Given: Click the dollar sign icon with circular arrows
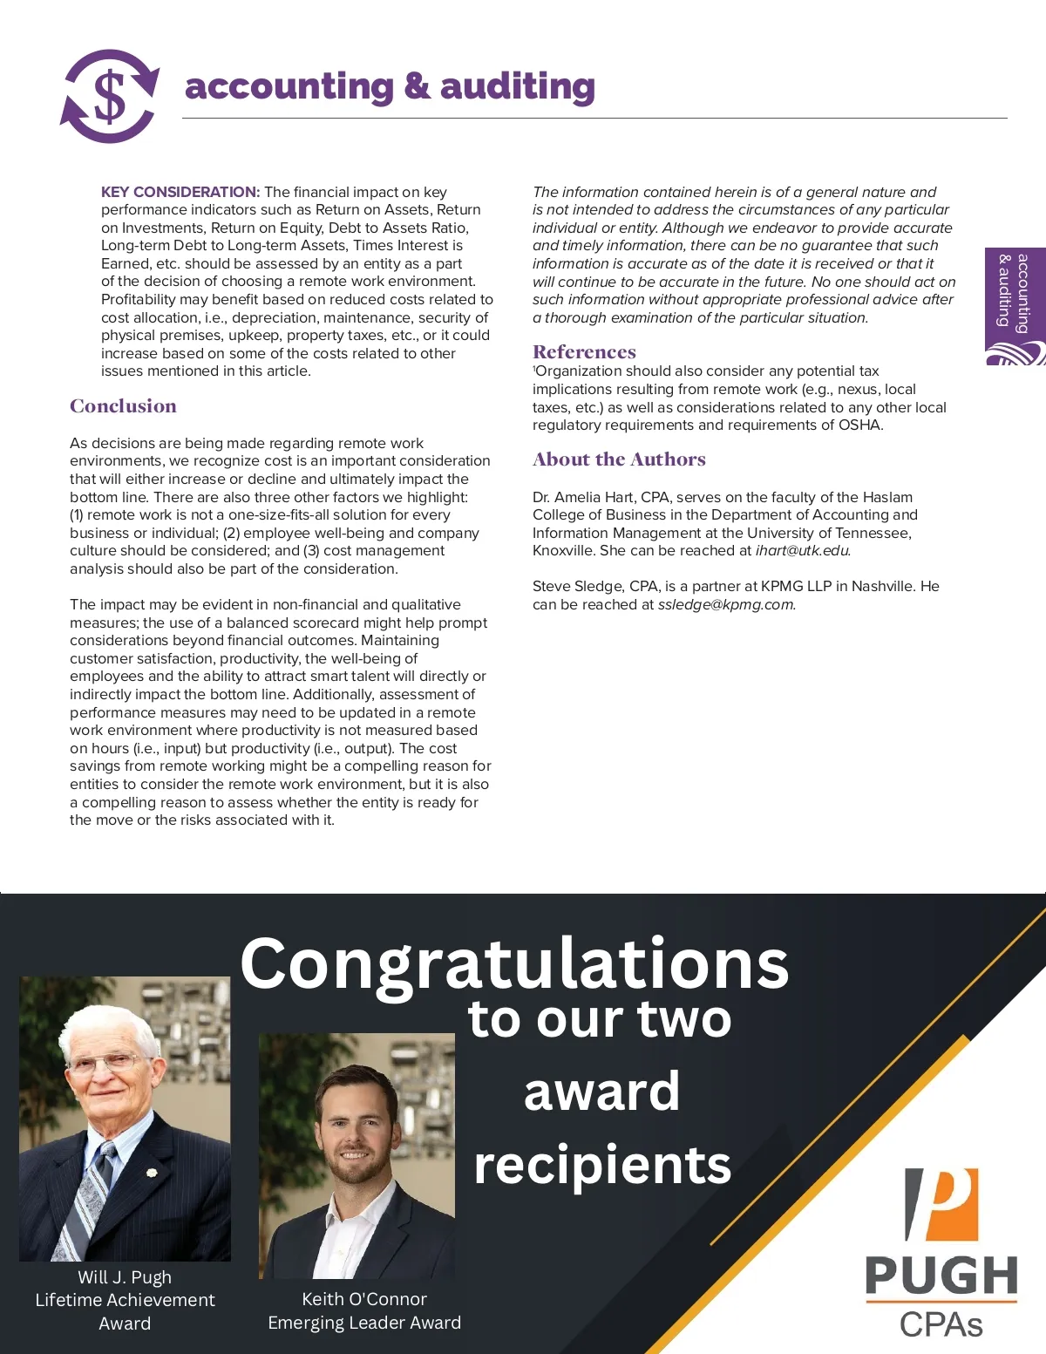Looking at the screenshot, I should [x=110, y=96].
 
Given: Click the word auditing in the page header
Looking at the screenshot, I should [x=517, y=87].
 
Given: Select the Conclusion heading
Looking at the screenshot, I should [x=123, y=406].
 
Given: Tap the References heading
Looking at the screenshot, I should [x=584, y=352].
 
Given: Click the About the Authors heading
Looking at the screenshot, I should [x=619, y=459].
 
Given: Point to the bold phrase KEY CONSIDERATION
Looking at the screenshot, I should [x=180, y=192].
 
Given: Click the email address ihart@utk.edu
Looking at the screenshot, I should [x=802, y=551].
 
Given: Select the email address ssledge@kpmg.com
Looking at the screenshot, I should [x=725, y=605].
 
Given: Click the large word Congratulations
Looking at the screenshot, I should [x=514, y=963].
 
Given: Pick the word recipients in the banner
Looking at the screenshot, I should [x=602, y=1165].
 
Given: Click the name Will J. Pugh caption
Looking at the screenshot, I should [x=125, y=1277].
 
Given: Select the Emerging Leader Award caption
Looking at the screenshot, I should [x=364, y=1323].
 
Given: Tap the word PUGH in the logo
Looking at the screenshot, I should [x=941, y=1276].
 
